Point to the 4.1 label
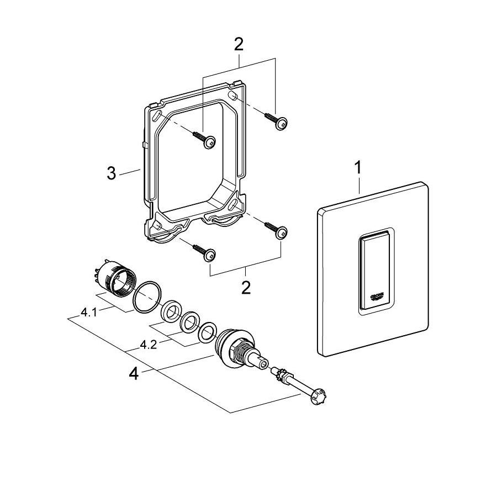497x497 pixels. click(89, 313)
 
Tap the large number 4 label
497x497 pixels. click(133, 374)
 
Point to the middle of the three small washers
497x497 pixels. click(190, 322)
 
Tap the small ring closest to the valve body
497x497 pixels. click(207, 331)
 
